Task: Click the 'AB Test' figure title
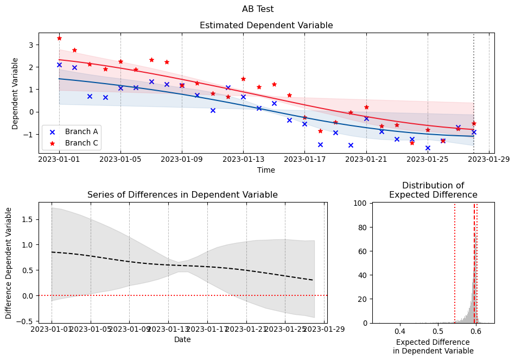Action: tap(258, 9)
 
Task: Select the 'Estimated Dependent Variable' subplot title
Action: tap(266, 26)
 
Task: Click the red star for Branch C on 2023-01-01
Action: tap(59, 38)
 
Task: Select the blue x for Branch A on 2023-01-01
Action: tap(59, 65)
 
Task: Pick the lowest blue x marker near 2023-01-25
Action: tap(428, 148)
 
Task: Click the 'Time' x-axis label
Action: tap(266, 170)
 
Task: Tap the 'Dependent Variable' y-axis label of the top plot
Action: tap(15, 93)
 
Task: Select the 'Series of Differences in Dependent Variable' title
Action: tap(182, 195)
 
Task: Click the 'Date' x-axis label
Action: tap(182, 340)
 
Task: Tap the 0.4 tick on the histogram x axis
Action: tap(399, 330)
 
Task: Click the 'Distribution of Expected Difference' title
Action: tap(433, 190)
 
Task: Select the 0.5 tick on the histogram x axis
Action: tap(437, 330)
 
